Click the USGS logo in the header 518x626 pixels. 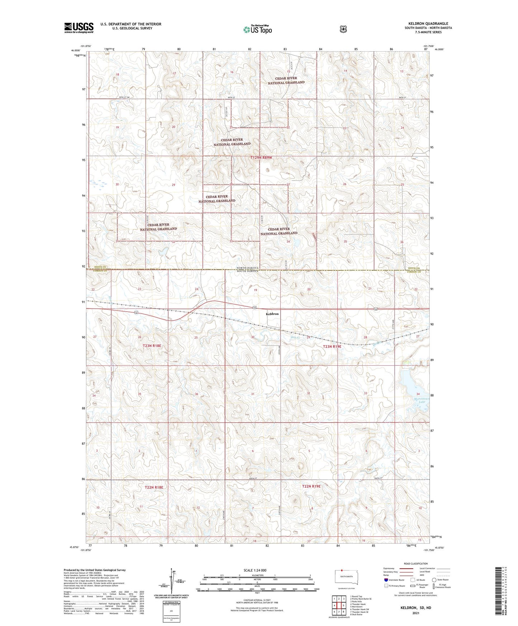click(79, 28)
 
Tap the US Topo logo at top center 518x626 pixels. click(257, 29)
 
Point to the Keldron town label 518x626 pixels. click(272, 314)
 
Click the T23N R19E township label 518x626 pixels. click(332, 346)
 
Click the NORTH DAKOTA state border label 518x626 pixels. click(247, 268)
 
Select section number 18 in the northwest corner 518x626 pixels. click(117, 75)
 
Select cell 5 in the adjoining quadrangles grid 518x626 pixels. click(343, 606)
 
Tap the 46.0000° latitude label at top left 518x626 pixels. click(75, 51)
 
